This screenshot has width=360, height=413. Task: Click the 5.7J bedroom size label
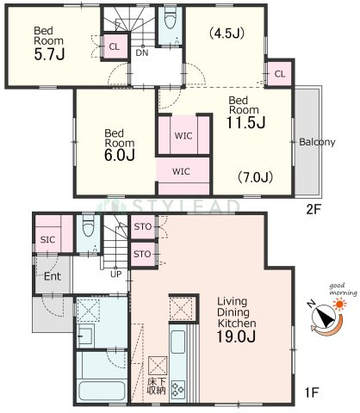[x=49, y=54]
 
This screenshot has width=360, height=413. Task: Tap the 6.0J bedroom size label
[x=120, y=155]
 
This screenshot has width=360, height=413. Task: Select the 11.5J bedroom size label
[x=245, y=123]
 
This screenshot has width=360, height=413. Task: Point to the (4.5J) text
[x=227, y=34]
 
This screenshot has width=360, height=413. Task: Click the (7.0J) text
[x=255, y=177]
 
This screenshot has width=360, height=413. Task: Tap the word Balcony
[x=317, y=142]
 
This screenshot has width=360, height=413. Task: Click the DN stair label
[x=142, y=52]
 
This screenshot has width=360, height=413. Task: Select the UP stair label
[x=115, y=274]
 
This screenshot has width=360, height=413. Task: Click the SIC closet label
[x=47, y=239]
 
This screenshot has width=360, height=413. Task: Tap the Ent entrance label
[x=53, y=276]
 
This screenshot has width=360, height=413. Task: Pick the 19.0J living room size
[x=236, y=336]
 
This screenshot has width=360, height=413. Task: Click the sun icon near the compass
[x=340, y=304]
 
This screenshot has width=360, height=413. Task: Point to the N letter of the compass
[x=311, y=304]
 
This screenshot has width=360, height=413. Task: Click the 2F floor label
[x=313, y=210]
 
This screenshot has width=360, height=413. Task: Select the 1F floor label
[x=312, y=392]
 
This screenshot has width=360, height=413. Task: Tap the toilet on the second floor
[x=170, y=18]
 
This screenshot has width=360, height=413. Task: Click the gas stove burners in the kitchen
[x=178, y=390]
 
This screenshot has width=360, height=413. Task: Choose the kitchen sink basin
[x=177, y=342]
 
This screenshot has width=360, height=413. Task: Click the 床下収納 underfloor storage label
[x=157, y=386]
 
